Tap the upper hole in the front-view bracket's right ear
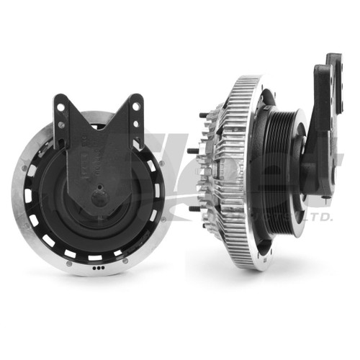(133, 105)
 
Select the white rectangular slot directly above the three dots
(95, 256)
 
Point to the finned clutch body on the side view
(216, 173)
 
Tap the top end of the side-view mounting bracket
(333, 59)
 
